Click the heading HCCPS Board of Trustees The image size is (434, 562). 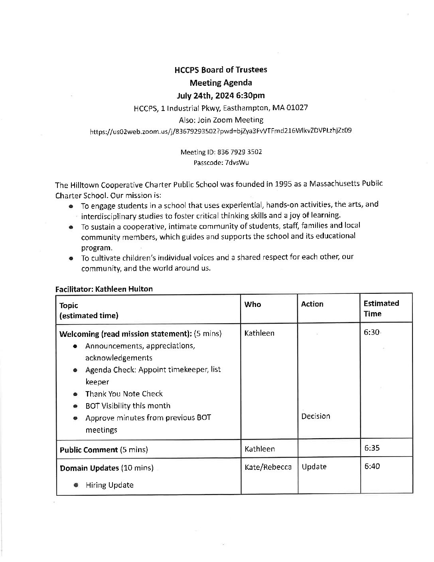tap(221, 70)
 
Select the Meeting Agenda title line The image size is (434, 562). tap(221, 83)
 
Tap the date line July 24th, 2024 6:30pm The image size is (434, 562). tap(221, 95)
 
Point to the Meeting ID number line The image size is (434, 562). tap(221, 152)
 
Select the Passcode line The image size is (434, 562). tap(221, 162)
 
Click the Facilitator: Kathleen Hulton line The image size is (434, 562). tap(104, 289)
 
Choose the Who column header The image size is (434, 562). tap(253, 305)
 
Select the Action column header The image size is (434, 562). tap(312, 304)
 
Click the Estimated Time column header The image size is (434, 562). tap(381, 308)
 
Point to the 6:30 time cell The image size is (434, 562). tap(371, 333)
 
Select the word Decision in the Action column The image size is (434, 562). tap(316, 416)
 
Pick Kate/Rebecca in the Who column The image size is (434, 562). tap(268, 467)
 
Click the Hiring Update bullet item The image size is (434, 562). tap(109, 485)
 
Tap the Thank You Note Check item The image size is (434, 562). tap(124, 394)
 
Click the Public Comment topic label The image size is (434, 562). tap(89, 450)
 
